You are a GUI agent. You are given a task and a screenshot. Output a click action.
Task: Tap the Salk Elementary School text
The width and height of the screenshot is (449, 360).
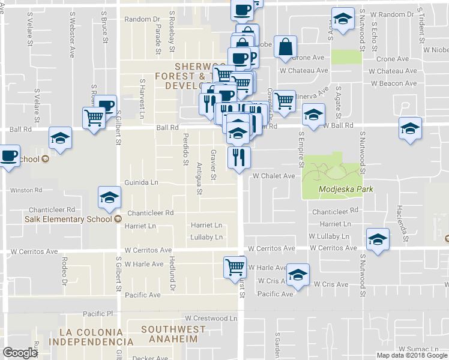point(68,218)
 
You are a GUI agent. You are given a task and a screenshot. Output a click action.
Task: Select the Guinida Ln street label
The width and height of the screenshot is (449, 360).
point(141,182)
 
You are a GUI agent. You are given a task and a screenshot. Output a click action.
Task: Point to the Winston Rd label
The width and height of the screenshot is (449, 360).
point(26,190)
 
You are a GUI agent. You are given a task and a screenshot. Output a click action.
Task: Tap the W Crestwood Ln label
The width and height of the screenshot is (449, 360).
point(211,318)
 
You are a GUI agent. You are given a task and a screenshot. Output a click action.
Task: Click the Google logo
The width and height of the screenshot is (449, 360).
point(20,353)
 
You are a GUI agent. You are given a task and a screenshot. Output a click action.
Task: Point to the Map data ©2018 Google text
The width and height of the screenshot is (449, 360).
point(411,355)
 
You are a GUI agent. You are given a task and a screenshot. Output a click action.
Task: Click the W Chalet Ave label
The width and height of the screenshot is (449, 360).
point(274,176)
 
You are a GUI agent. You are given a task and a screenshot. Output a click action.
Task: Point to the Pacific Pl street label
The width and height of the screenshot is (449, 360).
point(98,314)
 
